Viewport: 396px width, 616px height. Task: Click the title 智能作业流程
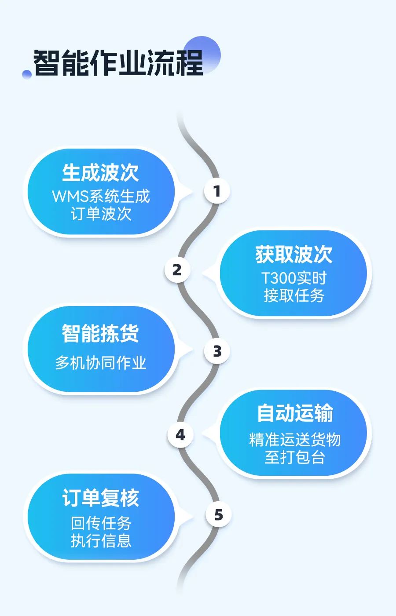pyautogui.click(x=118, y=63)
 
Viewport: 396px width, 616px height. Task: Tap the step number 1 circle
pyautogui.click(x=217, y=191)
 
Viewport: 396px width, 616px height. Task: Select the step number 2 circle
pyautogui.click(x=177, y=270)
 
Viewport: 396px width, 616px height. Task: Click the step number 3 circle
pyautogui.click(x=217, y=351)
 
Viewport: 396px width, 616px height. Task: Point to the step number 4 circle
pyautogui.click(x=180, y=435)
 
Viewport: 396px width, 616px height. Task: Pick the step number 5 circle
pyautogui.click(x=218, y=515)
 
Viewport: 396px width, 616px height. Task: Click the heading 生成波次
pyautogui.click(x=100, y=172)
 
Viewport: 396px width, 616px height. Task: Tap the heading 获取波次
pyautogui.click(x=293, y=255)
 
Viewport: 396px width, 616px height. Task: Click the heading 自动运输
pyautogui.click(x=295, y=413)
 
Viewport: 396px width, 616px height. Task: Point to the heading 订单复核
pyautogui.click(x=100, y=498)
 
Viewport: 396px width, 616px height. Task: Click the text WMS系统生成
pyautogui.click(x=101, y=196)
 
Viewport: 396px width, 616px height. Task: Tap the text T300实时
pyautogui.click(x=294, y=278)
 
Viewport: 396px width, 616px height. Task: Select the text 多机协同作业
pyautogui.click(x=101, y=363)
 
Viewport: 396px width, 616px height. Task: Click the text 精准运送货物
pyautogui.click(x=295, y=439)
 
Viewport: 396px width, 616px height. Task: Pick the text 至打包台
pyautogui.click(x=294, y=457)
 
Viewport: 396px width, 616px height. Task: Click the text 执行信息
pyautogui.click(x=101, y=540)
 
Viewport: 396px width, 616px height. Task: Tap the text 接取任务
pyautogui.click(x=294, y=295)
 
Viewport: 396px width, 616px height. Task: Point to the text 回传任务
pyautogui.click(x=101, y=523)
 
